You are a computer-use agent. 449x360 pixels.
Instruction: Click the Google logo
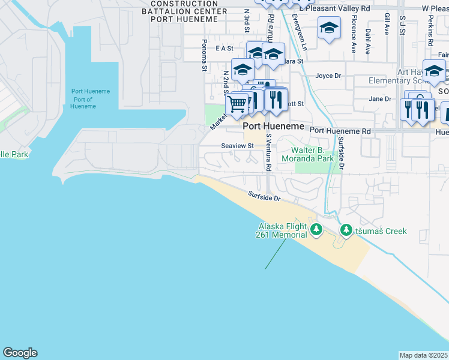(x=20, y=353)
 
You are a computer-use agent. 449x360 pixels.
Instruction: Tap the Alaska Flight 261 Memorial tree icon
(x=316, y=229)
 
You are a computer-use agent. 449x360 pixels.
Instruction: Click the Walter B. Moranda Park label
(x=312, y=155)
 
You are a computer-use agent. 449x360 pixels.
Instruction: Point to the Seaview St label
(x=237, y=146)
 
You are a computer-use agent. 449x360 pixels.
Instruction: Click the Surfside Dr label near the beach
(x=265, y=196)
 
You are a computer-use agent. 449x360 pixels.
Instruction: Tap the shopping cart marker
(x=237, y=104)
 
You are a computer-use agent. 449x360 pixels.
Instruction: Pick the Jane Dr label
(x=380, y=99)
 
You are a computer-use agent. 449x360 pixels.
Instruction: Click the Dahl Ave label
(x=368, y=41)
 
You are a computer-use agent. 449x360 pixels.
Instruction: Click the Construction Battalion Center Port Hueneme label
(x=184, y=11)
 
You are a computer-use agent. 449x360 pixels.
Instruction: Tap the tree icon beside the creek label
(x=346, y=230)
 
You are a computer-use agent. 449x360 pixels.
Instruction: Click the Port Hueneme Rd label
(x=340, y=130)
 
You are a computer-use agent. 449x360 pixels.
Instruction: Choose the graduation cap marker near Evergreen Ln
(x=328, y=28)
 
